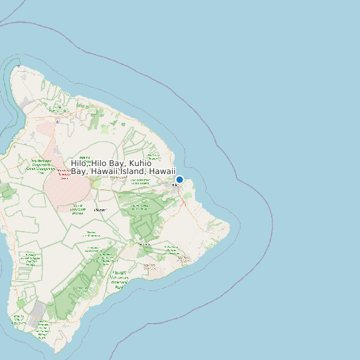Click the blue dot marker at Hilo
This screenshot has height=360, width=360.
click(x=179, y=179)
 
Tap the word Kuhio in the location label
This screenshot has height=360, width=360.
click(x=140, y=163)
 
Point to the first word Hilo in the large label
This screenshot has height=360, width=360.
click(x=80, y=163)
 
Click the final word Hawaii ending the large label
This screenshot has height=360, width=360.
click(x=162, y=171)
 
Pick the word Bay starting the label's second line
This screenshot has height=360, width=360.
click(x=80, y=171)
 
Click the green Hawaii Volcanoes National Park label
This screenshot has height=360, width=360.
click(x=119, y=280)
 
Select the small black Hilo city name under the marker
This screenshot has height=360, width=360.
click(x=175, y=185)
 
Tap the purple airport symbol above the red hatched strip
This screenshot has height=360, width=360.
click(x=58, y=122)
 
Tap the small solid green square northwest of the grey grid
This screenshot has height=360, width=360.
click(x=21, y=303)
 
